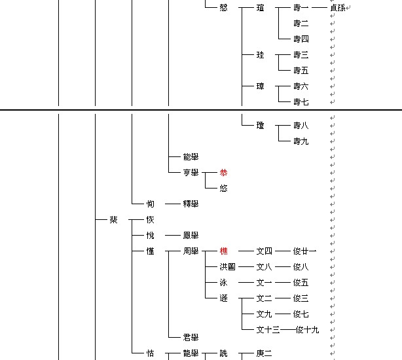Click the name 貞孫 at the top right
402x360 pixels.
(x=338, y=7)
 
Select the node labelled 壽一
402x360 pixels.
(x=301, y=7)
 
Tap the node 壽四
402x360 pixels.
(x=301, y=39)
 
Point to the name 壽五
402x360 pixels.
(x=301, y=70)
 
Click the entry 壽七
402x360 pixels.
(x=301, y=101)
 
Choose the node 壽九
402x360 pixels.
(x=301, y=141)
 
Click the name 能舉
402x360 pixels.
(x=191, y=156)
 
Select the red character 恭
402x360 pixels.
(x=224, y=172)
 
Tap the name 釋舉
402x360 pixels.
(x=191, y=204)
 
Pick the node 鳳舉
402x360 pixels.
(x=191, y=235)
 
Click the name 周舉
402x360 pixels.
(x=191, y=251)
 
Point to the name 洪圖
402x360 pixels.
(x=228, y=266)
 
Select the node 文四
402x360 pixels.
(x=265, y=251)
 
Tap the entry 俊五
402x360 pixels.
(x=301, y=282)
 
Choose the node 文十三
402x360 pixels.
(x=268, y=329)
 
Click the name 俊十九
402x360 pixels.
(x=308, y=329)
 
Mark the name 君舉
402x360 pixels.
(x=191, y=337)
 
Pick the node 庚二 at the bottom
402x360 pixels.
(x=265, y=353)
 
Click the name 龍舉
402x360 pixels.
(x=191, y=353)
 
